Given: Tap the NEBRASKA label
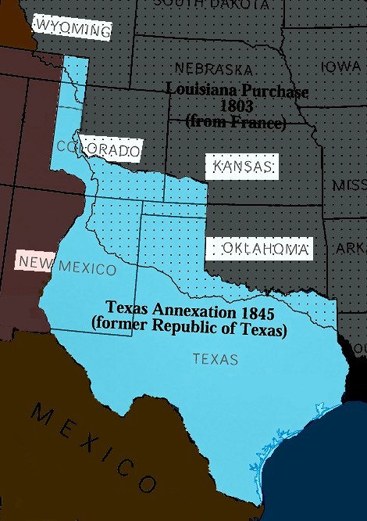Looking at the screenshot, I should tap(213, 69).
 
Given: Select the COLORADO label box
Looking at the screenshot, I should tap(99, 149).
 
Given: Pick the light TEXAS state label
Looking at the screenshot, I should tap(216, 360).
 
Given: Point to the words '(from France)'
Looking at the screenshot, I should tap(237, 121).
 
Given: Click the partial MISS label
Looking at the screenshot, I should tap(349, 185).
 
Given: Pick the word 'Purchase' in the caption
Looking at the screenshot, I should tap(279, 92).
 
